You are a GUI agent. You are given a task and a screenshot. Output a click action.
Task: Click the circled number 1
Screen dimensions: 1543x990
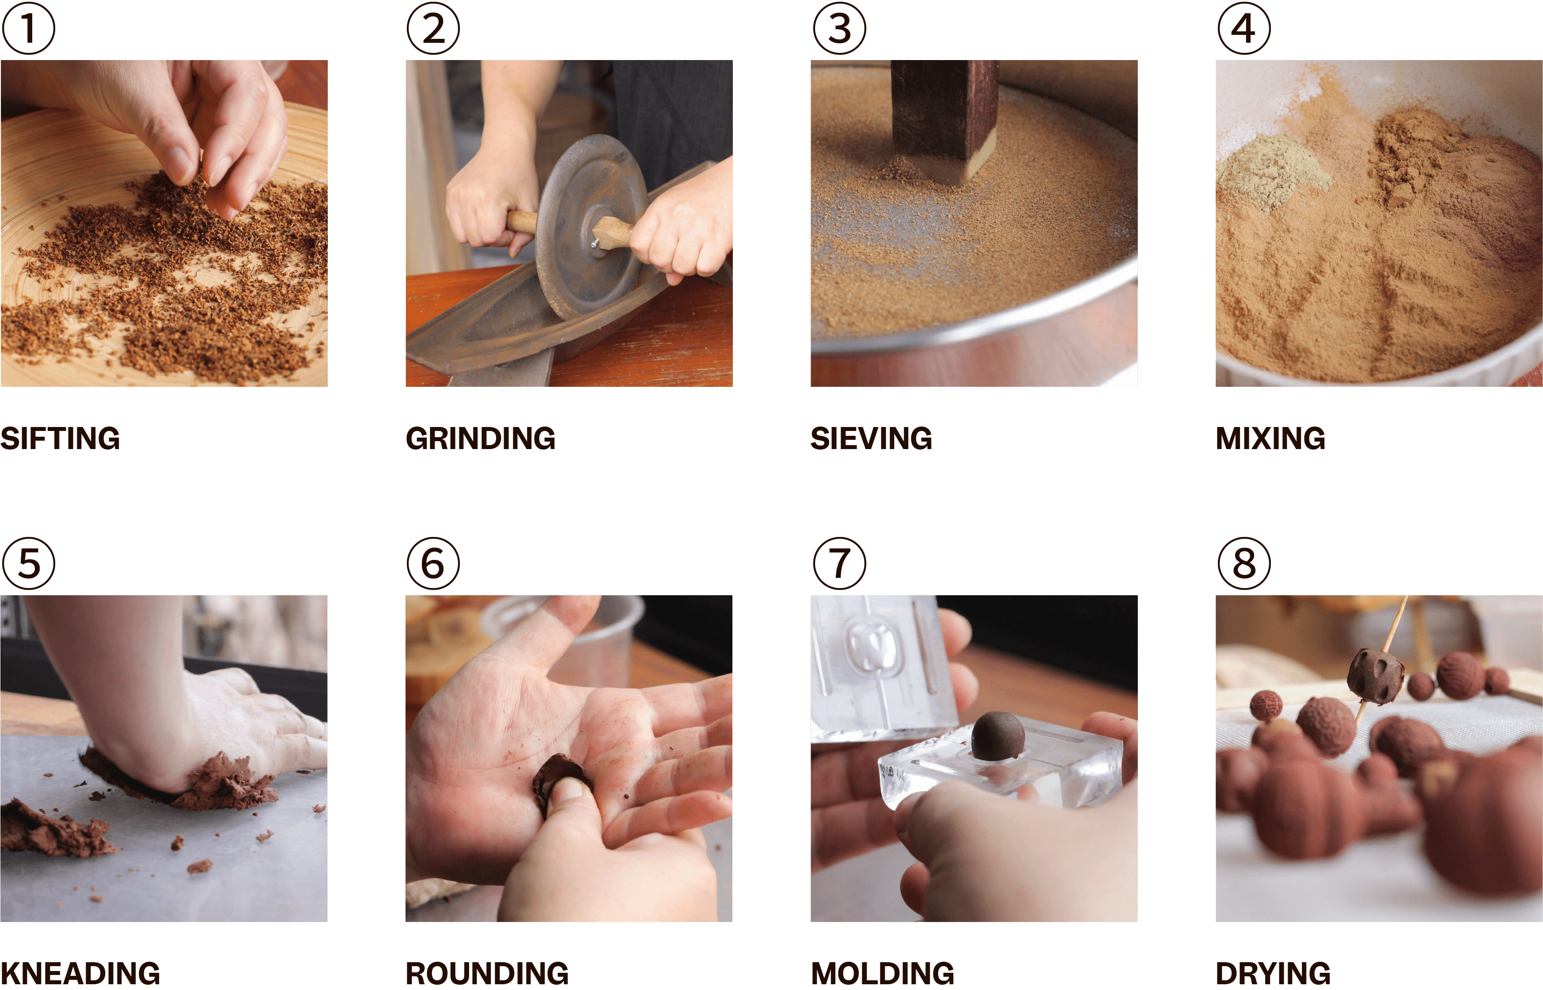click(x=28, y=28)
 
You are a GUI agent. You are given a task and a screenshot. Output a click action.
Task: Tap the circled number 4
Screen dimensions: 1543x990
click(x=1244, y=28)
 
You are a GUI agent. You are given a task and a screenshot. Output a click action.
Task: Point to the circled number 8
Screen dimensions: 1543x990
click(x=1244, y=563)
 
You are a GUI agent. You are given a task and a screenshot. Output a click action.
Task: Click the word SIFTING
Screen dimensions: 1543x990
click(x=61, y=438)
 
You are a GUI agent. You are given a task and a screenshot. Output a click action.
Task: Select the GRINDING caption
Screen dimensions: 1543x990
click(x=480, y=438)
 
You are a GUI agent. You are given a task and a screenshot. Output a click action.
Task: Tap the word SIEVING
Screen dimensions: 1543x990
click(x=871, y=438)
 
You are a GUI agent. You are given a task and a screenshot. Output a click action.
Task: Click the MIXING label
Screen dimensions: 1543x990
click(x=1270, y=438)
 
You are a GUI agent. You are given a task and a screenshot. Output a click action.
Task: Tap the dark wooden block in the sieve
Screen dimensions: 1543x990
click(x=944, y=119)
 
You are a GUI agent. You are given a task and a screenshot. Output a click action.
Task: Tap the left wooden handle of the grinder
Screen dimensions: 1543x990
click(x=521, y=222)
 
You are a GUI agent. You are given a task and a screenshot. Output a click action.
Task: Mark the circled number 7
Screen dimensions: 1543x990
click(x=839, y=563)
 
